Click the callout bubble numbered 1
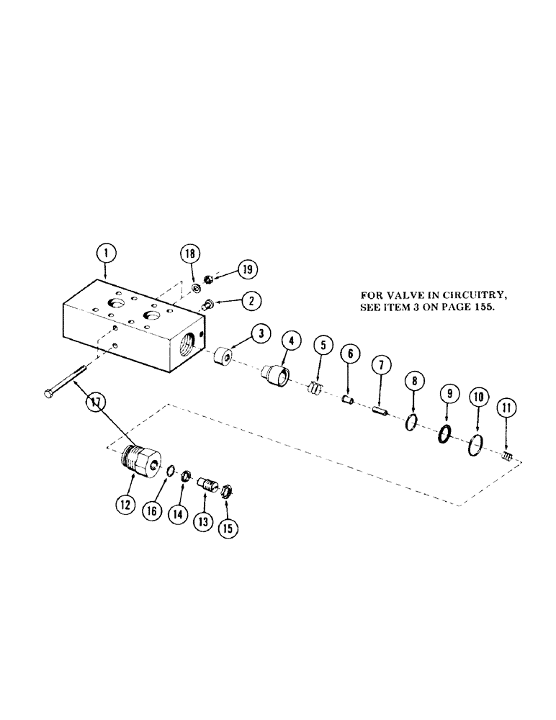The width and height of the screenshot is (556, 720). [106, 253]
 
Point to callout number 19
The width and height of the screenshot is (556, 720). [247, 269]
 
